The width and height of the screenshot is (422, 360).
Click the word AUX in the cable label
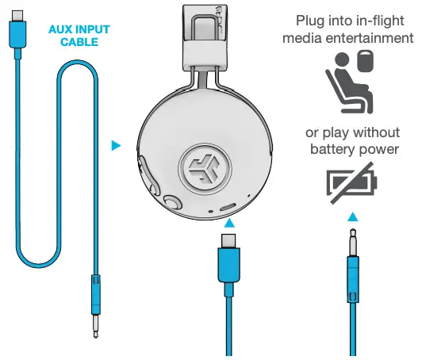[x=63, y=29]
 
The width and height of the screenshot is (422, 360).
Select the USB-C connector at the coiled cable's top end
[x=17, y=34]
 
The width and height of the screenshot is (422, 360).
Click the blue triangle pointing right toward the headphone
[x=117, y=145]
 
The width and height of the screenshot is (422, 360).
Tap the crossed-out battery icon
[x=354, y=182]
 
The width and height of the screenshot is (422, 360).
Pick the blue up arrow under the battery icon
[x=353, y=216]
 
